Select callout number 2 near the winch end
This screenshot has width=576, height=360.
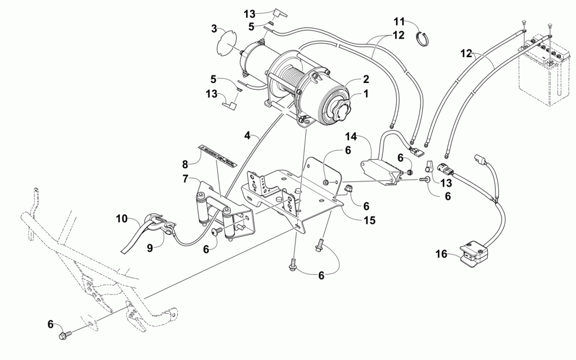tap(365, 79)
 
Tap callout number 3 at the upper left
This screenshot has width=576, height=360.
tap(214, 28)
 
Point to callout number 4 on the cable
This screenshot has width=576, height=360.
tap(248, 137)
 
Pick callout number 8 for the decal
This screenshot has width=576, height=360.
tap(185, 163)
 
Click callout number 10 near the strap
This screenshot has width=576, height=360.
tap(121, 218)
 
